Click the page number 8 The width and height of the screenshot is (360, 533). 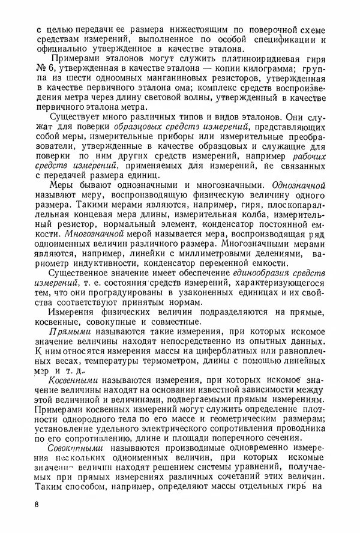pyautogui.click(x=37, y=504)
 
